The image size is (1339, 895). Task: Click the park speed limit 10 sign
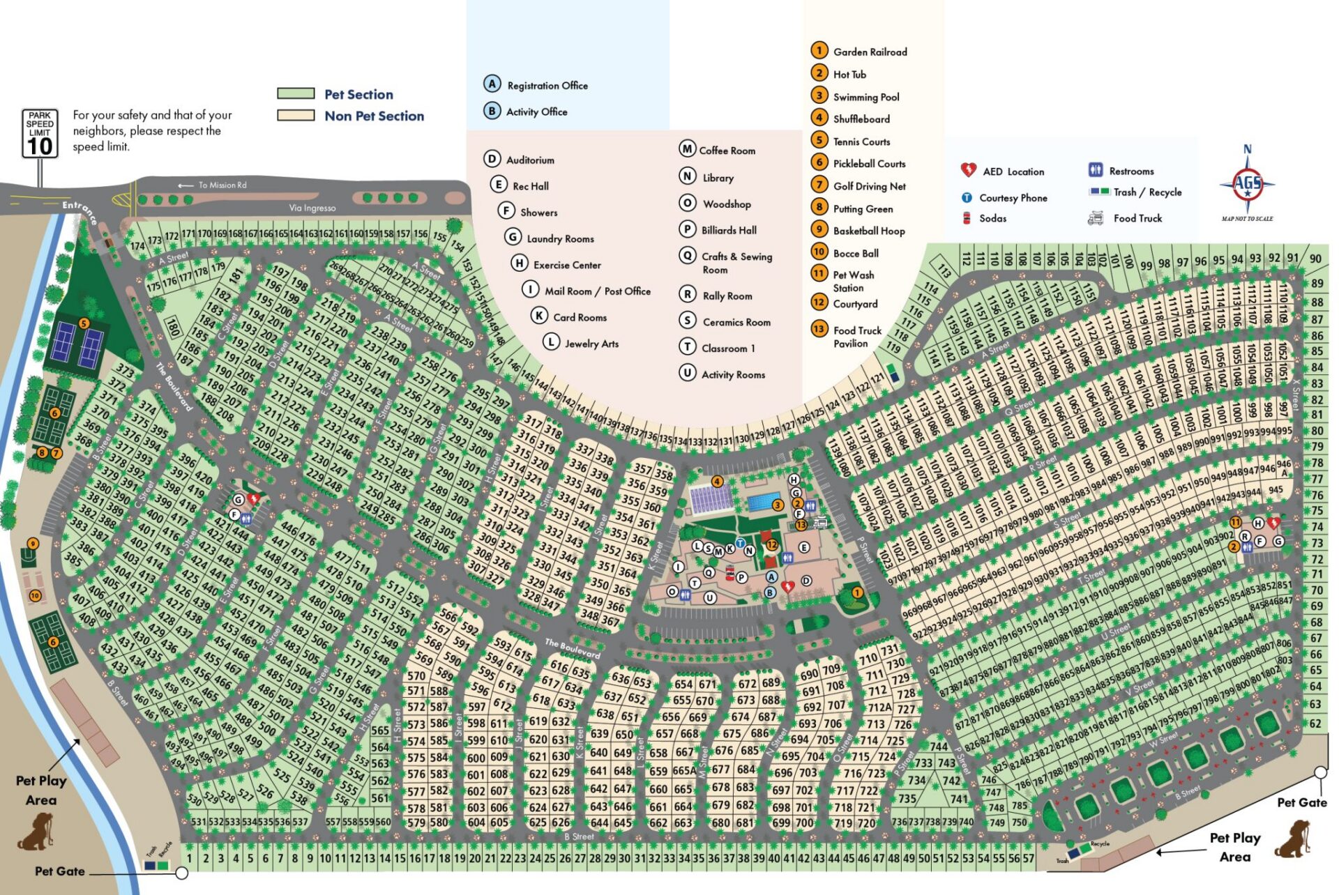[40, 133]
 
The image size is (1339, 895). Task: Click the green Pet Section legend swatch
[296, 93]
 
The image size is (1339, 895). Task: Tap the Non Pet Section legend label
[374, 116]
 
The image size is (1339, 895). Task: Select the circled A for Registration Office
[492, 84]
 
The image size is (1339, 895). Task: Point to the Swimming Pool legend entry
[865, 97]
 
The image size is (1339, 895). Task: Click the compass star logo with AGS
[1247, 185]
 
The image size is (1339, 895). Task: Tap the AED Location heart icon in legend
[968, 170]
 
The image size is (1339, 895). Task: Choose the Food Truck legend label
[1137, 218]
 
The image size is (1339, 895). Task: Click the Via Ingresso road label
[312, 208]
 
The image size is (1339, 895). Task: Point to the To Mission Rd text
[222, 185]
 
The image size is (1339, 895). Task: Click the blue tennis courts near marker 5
[77, 345]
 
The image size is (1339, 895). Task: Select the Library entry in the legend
[718, 178]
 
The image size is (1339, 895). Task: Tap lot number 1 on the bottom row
[189, 859]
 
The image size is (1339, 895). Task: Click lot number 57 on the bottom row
[1028, 859]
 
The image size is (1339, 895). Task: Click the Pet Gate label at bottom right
[1301, 802]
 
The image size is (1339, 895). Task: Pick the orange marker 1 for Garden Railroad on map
[857, 592]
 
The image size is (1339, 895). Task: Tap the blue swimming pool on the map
[764, 502]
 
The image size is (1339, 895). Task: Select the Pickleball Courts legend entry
[869, 164]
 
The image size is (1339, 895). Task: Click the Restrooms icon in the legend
[1096, 170]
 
